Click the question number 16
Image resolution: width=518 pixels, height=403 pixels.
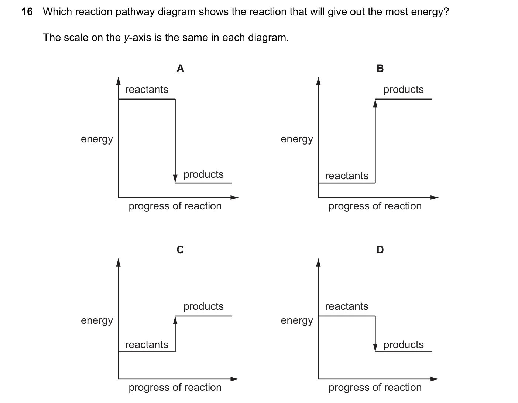[27, 12]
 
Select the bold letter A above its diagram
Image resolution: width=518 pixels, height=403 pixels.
[180, 68]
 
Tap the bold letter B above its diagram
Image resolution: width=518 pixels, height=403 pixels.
[380, 68]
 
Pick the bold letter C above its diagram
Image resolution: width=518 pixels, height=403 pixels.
[180, 250]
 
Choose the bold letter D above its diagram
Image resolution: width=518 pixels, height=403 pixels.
[380, 250]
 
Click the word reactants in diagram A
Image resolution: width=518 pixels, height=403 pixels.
[147, 90]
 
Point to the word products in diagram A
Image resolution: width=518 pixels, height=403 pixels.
[203, 174]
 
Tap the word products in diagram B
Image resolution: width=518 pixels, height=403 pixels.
[403, 90]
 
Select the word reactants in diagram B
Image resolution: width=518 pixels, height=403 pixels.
[347, 176]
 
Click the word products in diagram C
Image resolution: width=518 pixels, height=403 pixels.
[203, 306]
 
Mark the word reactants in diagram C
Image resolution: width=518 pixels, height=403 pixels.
[147, 345]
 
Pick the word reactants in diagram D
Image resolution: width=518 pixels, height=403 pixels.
[347, 306]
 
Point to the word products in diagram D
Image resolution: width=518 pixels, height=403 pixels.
[403, 345]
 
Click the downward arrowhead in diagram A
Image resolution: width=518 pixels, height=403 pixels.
[175, 178]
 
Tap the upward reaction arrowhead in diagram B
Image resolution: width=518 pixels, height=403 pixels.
[375, 103]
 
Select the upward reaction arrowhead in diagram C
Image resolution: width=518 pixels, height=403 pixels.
[175, 320]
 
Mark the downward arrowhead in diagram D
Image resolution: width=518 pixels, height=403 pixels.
[375, 348]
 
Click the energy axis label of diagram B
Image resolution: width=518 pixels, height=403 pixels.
[297, 139]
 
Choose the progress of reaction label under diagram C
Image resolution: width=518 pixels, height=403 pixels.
[175, 388]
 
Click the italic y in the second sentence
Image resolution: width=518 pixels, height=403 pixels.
[126, 38]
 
